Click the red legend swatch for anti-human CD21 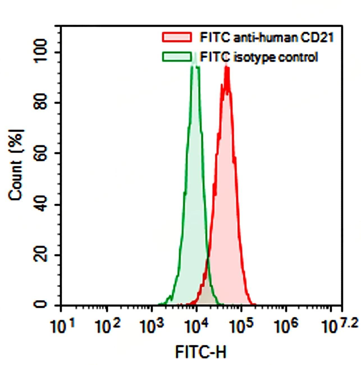(x=177, y=37)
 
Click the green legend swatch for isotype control (x=177, y=57)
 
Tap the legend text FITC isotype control (x=259, y=57)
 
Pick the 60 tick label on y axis (x=40, y=153)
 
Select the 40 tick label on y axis (x=40, y=204)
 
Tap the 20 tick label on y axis (x=40, y=255)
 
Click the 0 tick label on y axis (x=40, y=304)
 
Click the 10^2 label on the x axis (x=108, y=326)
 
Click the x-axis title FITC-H (x=201, y=352)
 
